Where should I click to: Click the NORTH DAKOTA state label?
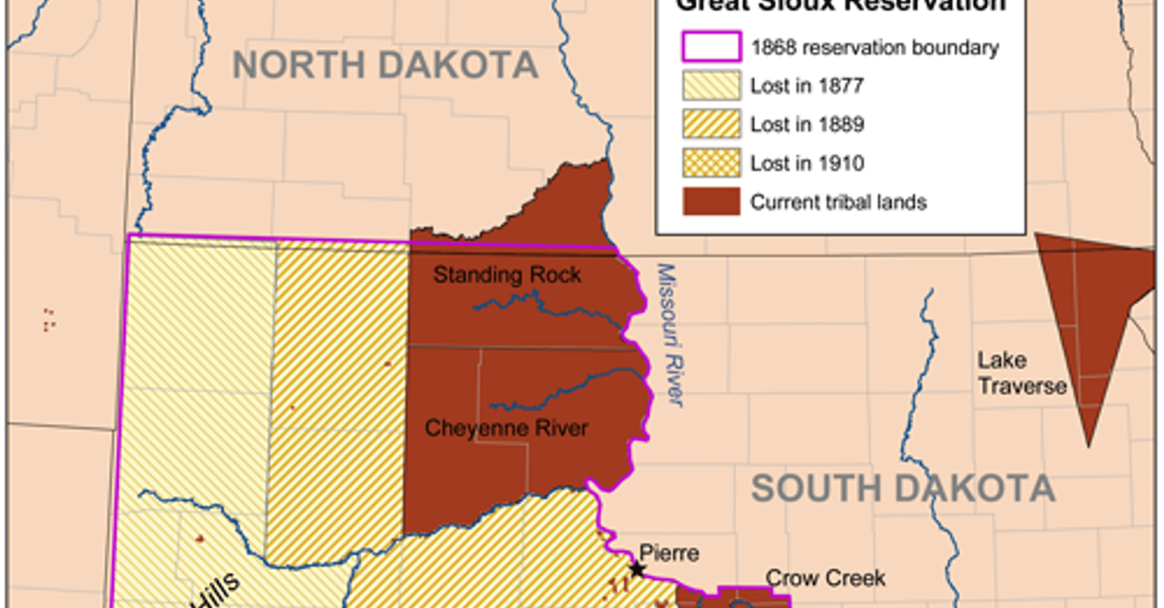click(386, 65)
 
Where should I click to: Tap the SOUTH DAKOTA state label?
click(903, 488)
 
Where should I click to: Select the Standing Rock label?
click(507, 275)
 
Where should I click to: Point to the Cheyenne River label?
click(506, 428)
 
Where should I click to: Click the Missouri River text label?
click(670, 335)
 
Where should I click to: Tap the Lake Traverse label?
click(1021, 373)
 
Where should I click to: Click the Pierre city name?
click(669, 553)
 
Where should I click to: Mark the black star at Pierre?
click(637, 569)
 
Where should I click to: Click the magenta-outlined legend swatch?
click(711, 47)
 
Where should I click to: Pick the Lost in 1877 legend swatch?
click(711, 85)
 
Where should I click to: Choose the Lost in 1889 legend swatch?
click(711, 124)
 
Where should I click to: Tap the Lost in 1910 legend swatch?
click(711, 163)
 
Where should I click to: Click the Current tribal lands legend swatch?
click(711, 201)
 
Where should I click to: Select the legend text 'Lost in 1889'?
click(808, 125)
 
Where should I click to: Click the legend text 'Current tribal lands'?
click(839, 202)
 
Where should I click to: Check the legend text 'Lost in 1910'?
click(808, 163)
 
